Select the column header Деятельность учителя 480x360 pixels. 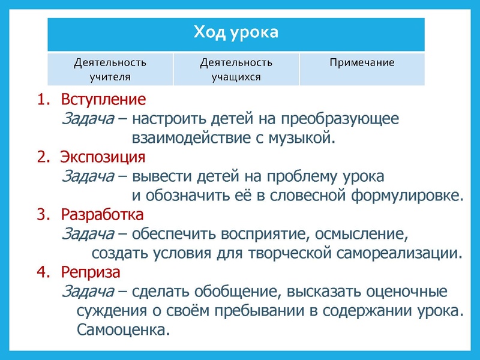tap(110, 69)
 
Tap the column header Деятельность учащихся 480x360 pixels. tap(236, 69)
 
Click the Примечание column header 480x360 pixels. tap(362, 62)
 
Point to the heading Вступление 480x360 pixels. tap(103, 99)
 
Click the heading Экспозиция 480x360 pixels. tap(103, 158)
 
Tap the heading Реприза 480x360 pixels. tap(91, 272)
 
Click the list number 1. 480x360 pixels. tap(43, 99)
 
